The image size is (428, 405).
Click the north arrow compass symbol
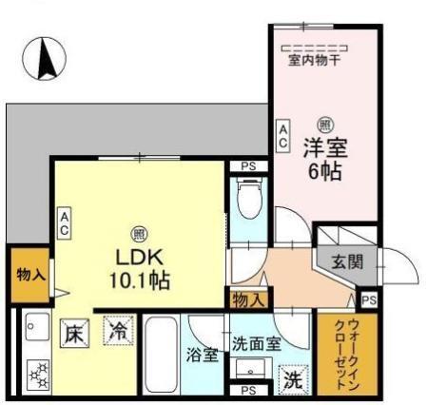pos(45,59)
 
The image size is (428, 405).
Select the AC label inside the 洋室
pos(283,136)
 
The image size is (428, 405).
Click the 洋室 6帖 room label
pos(325,160)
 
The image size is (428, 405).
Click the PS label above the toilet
pos(248,167)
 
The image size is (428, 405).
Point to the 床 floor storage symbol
pos(77,334)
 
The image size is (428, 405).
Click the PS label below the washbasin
pos(248,390)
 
